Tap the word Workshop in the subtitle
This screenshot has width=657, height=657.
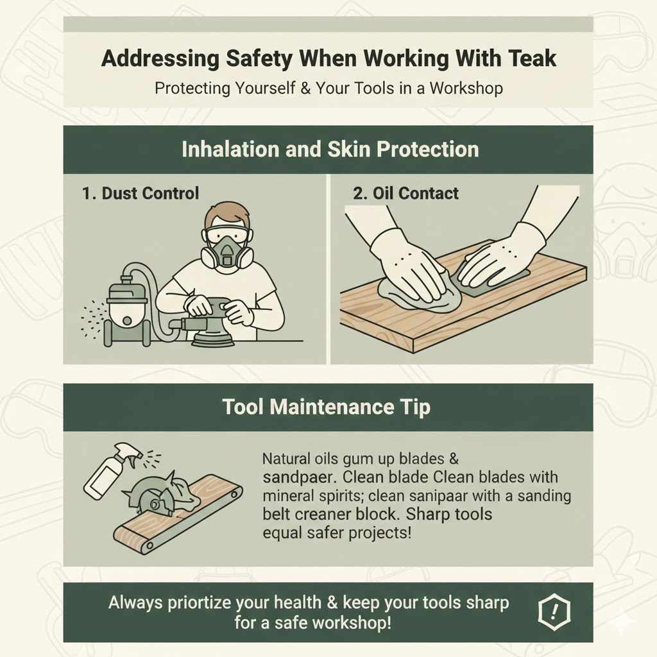(x=466, y=88)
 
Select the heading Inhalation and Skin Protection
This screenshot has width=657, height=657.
(x=330, y=149)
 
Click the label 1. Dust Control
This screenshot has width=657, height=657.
(x=141, y=193)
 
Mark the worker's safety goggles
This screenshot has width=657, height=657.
(x=226, y=235)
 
